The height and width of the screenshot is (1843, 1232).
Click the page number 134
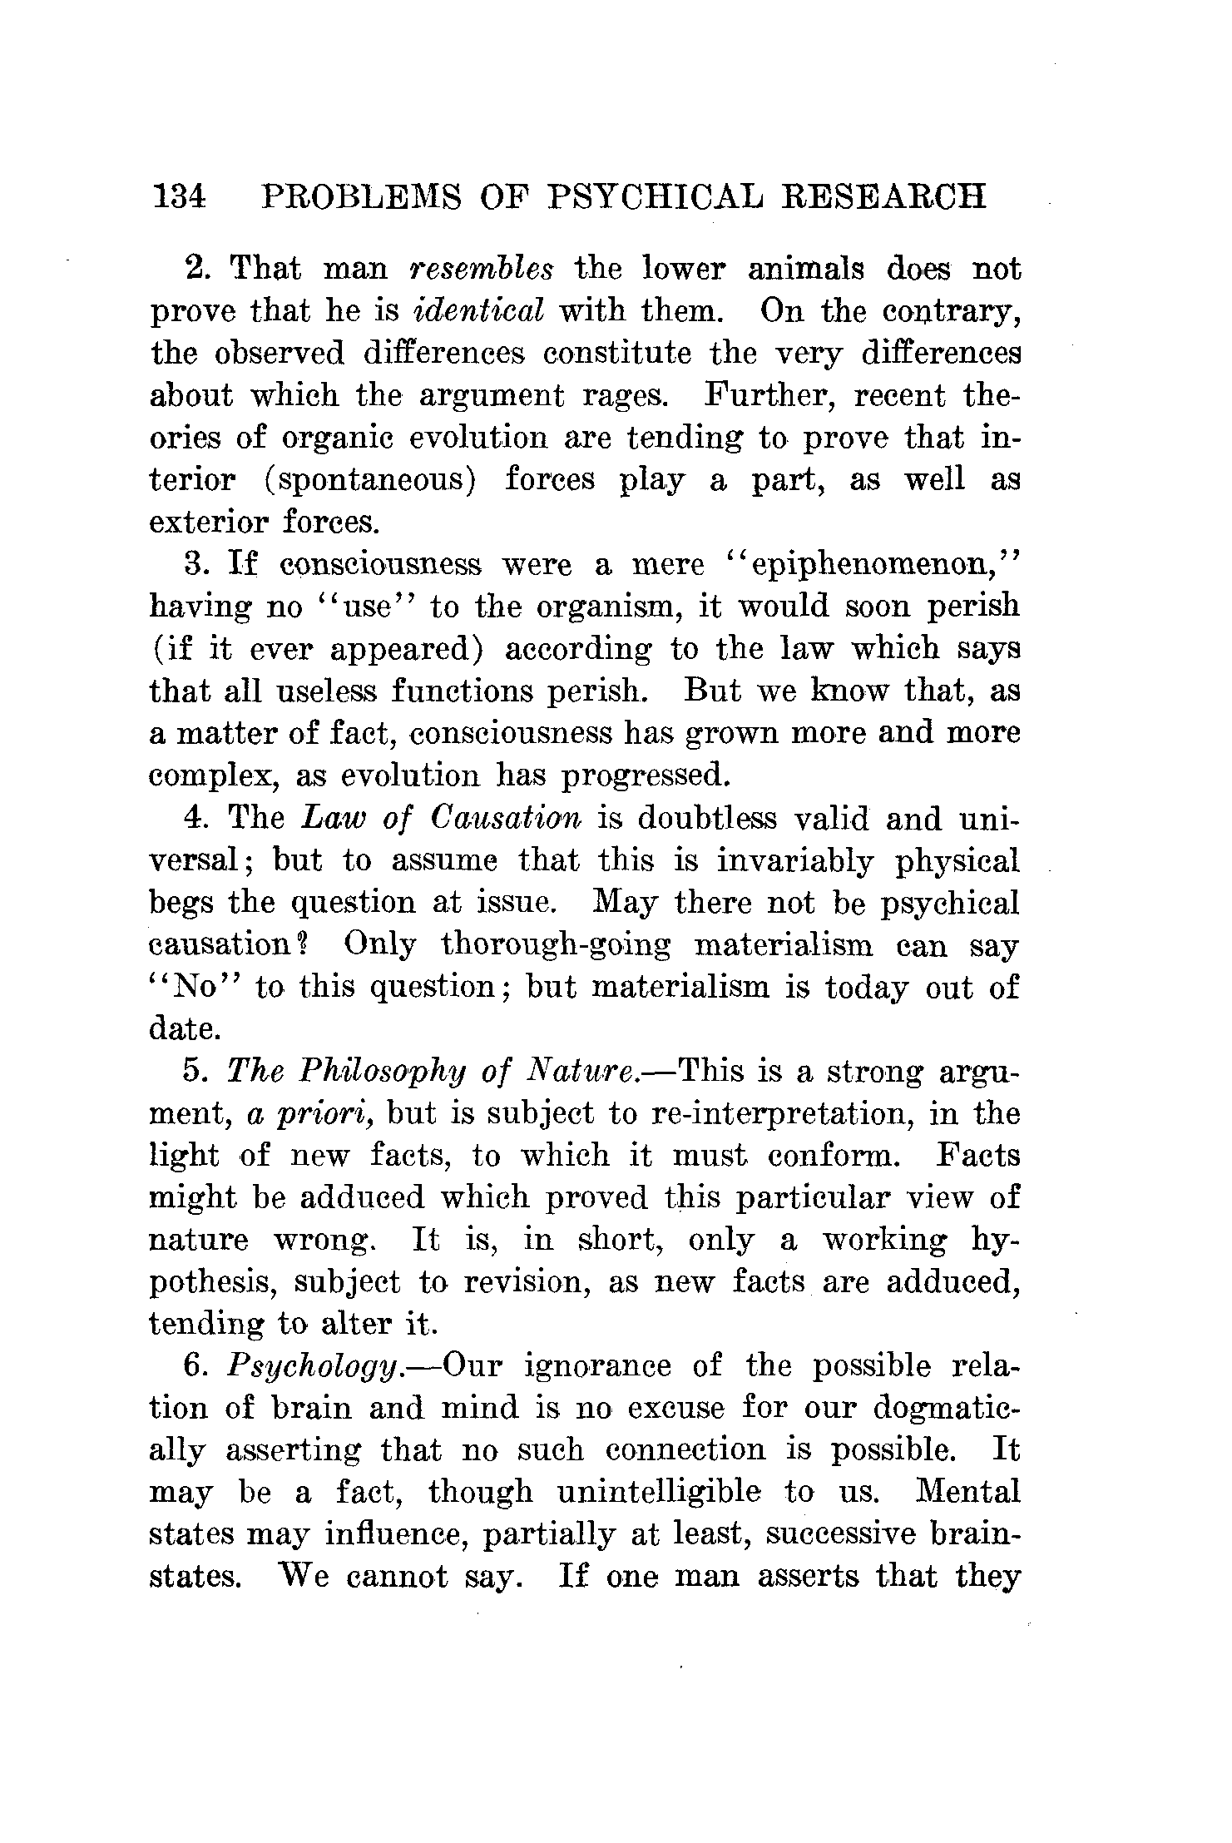click(x=178, y=196)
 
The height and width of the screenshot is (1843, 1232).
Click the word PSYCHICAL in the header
click(x=656, y=196)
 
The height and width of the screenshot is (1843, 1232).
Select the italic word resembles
click(x=482, y=269)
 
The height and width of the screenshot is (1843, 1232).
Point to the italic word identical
click(x=478, y=311)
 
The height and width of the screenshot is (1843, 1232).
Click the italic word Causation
click(x=507, y=819)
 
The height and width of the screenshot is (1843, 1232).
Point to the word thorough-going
click(x=556, y=945)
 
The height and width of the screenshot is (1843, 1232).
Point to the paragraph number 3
click(x=194, y=565)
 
